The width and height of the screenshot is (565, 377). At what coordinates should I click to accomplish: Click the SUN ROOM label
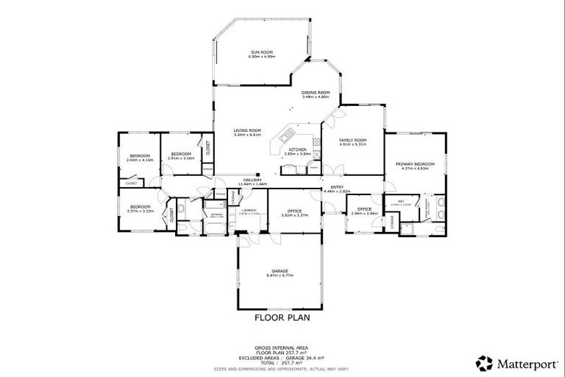(x=263, y=52)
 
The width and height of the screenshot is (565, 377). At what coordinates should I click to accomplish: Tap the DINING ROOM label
(x=316, y=92)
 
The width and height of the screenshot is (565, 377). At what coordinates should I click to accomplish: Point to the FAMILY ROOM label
(x=352, y=140)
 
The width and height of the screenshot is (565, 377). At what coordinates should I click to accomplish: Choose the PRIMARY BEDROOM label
(x=414, y=163)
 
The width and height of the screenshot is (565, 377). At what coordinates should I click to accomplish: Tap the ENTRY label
(x=337, y=187)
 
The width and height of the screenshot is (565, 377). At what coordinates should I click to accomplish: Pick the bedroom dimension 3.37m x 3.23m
(x=140, y=211)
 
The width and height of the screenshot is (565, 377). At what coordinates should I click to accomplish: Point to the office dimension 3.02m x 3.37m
(x=294, y=215)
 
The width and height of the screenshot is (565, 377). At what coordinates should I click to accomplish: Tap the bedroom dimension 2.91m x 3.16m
(x=180, y=158)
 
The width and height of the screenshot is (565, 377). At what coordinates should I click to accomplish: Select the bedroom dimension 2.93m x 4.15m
(x=140, y=160)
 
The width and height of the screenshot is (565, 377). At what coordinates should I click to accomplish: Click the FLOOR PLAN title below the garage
(x=282, y=318)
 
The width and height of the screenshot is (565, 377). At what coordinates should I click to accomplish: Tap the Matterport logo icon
(x=484, y=362)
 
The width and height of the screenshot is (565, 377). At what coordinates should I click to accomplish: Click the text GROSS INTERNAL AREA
(x=282, y=347)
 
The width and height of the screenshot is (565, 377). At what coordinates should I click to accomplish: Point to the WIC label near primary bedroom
(x=402, y=201)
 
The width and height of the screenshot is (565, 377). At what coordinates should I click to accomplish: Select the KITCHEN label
(x=297, y=150)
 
